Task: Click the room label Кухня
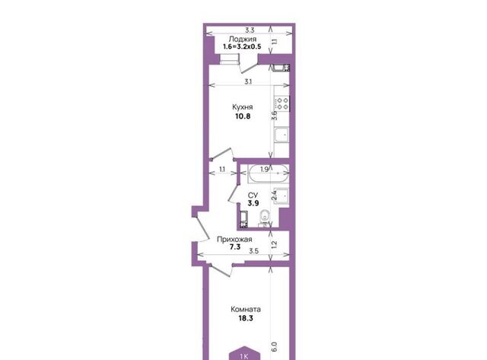click(243, 107)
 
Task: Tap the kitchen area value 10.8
click(243, 116)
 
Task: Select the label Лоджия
click(243, 39)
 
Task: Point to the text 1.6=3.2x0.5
click(242, 47)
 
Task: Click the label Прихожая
click(234, 240)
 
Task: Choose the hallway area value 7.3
click(235, 247)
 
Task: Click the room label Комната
click(246, 309)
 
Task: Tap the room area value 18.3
click(246, 318)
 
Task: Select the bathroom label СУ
click(253, 196)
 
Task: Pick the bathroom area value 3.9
click(253, 203)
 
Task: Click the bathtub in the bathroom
click(269, 174)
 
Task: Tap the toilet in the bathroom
click(265, 218)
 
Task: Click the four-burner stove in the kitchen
click(282, 104)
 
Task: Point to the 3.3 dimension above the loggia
click(250, 30)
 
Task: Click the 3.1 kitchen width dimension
click(248, 82)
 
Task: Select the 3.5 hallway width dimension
click(253, 251)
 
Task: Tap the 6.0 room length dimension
click(274, 346)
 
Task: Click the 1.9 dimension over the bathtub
click(264, 170)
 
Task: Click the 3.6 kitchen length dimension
click(274, 116)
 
